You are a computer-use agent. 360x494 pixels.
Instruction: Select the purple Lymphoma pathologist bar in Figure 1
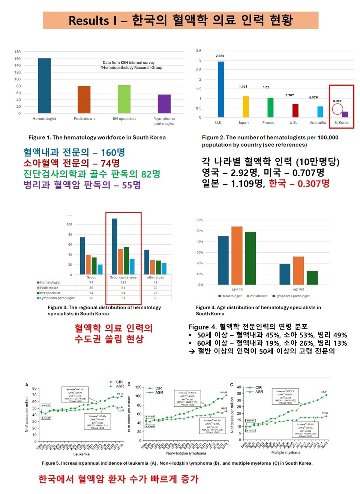click(164, 104)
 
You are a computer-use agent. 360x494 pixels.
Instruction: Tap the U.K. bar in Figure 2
click(220, 89)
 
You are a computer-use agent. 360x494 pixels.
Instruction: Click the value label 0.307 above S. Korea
click(337, 101)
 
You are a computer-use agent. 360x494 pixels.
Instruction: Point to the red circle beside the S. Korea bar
click(337, 109)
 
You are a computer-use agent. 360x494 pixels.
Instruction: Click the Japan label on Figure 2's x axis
click(243, 123)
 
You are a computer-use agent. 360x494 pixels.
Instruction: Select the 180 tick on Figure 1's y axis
click(18, 52)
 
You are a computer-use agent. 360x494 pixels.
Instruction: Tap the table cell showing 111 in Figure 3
click(123, 282)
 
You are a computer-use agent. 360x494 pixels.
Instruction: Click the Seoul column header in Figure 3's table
click(91, 277)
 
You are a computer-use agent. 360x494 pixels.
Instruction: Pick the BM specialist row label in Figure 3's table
click(50, 293)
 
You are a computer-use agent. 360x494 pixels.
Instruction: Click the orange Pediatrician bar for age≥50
click(237, 255)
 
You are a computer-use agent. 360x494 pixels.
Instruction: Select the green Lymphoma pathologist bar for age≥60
click(312, 277)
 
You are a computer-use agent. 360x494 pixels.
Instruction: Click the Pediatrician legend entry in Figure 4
click(258, 296)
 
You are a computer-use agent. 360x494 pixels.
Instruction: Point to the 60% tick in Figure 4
click(199, 220)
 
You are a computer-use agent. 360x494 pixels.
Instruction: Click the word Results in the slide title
click(88, 20)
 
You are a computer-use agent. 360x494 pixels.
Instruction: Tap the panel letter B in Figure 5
click(129, 384)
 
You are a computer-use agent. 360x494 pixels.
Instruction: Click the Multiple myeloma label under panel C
click(286, 452)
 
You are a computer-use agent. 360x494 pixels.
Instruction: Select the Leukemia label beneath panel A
click(81, 454)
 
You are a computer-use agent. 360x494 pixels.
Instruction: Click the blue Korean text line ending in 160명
click(74, 152)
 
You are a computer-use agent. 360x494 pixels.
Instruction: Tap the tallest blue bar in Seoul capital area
click(115, 246)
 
